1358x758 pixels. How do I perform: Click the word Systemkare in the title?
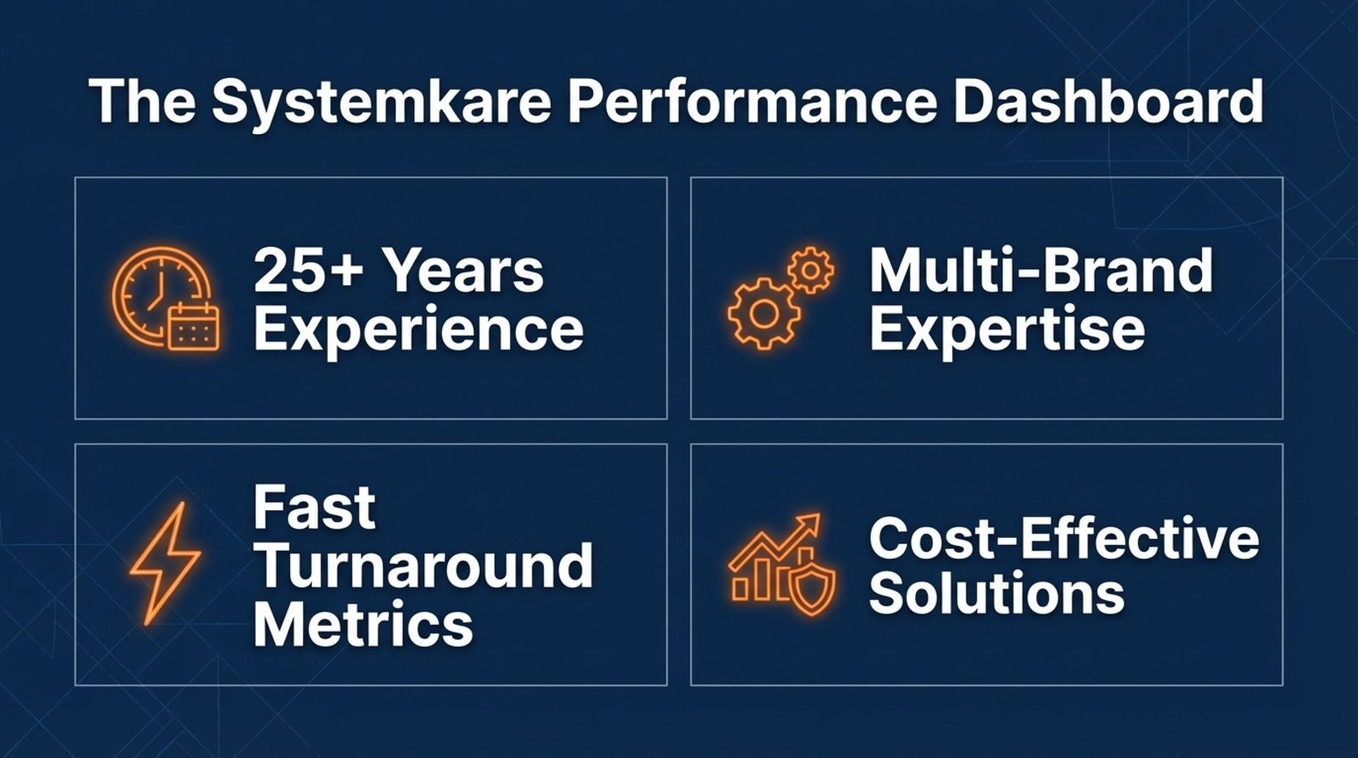tap(381, 103)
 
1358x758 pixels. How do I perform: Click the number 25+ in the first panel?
tap(309, 271)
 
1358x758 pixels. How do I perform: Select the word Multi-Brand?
tap(1041, 270)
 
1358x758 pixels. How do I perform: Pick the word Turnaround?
tap(424, 565)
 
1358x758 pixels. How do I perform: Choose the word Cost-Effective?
tap(1064, 537)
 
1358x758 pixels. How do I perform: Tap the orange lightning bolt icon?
tap(165, 563)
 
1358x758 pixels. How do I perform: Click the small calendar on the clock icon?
tap(194, 327)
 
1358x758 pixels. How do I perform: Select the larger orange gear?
tap(764, 312)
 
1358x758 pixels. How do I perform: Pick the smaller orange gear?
tap(811, 269)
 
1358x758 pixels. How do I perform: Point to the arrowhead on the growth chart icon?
tap(810, 524)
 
